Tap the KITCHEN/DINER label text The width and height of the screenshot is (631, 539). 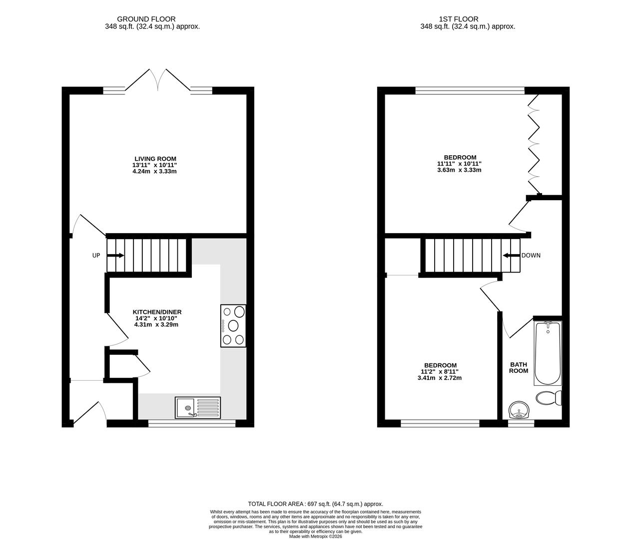click(153, 312)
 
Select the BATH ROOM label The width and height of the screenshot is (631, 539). click(518, 368)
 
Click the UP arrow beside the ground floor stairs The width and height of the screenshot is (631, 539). click(115, 256)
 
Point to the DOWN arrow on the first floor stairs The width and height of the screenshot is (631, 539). click(511, 256)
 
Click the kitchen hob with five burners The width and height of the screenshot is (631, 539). click(233, 326)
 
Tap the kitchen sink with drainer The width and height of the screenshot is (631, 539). click(198, 407)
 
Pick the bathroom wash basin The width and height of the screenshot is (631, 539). click(520, 412)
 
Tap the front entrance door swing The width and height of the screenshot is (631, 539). click(90, 412)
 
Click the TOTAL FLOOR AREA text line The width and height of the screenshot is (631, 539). click(315, 504)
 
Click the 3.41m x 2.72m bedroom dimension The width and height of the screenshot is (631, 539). click(440, 378)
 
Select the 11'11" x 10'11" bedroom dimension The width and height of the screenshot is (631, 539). click(459, 164)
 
